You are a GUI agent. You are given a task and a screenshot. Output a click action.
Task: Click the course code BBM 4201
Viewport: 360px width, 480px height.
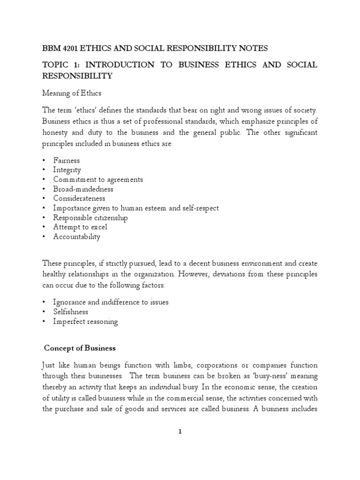tap(60, 48)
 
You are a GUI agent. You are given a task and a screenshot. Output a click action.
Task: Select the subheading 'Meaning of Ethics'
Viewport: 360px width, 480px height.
tap(71, 94)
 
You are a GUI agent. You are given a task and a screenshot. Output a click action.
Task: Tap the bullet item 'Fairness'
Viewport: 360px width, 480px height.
tap(67, 160)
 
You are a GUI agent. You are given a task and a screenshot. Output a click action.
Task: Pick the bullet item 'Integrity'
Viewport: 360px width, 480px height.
tap(67, 170)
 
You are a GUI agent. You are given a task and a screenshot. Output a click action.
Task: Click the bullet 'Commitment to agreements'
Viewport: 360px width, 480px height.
tap(98, 180)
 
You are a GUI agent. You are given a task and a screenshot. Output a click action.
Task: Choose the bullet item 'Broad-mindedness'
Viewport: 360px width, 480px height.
tap(83, 189)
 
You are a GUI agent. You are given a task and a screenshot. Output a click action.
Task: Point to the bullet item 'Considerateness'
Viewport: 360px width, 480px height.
tap(80, 198)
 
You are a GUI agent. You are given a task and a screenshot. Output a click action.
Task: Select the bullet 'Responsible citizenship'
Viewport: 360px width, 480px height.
tap(90, 217)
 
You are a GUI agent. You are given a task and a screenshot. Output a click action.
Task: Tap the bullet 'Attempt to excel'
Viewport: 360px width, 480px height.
tap(80, 227)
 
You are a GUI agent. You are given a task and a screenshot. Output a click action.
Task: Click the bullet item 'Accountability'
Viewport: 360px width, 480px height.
tap(76, 237)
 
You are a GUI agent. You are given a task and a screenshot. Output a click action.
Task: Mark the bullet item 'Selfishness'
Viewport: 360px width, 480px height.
tap(70, 312)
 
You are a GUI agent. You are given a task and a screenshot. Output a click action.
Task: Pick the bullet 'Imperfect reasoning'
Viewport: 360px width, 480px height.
tap(85, 322)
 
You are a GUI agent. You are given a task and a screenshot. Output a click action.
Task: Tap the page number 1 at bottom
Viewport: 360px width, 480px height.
tap(180, 432)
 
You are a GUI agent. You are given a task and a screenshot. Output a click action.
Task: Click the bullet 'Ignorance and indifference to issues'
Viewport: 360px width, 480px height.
tap(111, 302)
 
